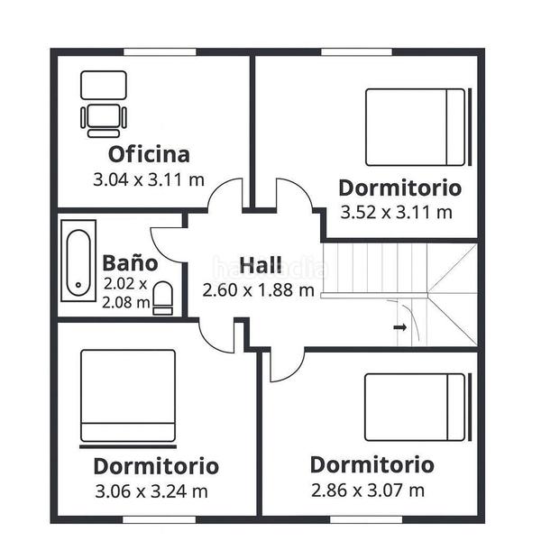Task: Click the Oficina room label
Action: click(149, 154)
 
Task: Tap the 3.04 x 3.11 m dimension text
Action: click(149, 179)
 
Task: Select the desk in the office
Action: click(104, 85)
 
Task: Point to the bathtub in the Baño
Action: click(78, 261)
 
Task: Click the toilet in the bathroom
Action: click(162, 298)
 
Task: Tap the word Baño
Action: click(130, 263)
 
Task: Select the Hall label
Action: click(261, 265)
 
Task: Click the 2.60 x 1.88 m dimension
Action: click(258, 290)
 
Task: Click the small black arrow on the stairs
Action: click(399, 327)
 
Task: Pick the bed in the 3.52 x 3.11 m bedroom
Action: click(418, 127)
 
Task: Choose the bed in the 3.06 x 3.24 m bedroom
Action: click(128, 399)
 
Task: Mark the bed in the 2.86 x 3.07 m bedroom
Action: click(417, 408)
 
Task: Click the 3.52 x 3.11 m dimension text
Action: click(396, 212)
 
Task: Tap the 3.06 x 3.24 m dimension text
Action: click(151, 491)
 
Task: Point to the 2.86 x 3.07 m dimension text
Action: click(368, 491)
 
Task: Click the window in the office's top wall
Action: click(160, 52)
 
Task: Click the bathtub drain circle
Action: click(78, 285)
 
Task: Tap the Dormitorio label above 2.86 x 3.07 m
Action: click(371, 464)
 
